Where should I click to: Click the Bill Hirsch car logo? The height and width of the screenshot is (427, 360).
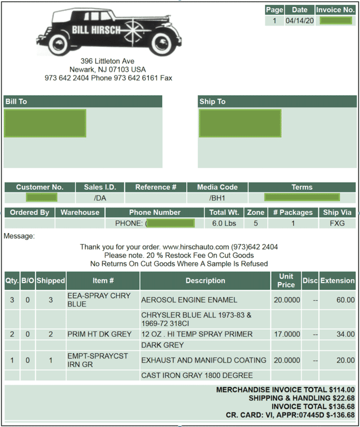tap(109, 31)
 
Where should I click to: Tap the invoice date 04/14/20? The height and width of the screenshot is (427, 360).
tap(299, 21)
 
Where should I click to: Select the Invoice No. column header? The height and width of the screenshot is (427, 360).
tap(335, 10)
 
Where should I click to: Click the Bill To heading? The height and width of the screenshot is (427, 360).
tap(16, 102)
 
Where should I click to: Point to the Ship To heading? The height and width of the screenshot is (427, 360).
tap(212, 102)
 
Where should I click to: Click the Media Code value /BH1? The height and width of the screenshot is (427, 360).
tap(217, 198)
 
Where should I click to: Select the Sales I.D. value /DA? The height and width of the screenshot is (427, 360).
tap(100, 198)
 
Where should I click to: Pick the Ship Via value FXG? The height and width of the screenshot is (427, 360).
tap(337, 223)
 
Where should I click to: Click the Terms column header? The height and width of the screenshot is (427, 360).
tap(302, 187)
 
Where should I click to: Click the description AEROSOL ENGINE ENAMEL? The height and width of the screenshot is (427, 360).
tap(189, 300)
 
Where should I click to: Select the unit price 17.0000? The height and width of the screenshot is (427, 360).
tap(286, 334)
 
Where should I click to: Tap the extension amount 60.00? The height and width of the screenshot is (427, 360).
tap(345, 300)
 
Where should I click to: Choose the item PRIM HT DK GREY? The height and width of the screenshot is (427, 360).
tap(99, 334)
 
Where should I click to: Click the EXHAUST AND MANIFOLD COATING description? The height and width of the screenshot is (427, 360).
tap(203, 360)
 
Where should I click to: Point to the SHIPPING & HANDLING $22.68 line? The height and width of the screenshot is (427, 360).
tap(301, 398)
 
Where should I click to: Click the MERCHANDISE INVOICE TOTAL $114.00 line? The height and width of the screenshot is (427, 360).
tap(285, 390)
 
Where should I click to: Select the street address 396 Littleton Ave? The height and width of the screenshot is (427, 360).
tap(107, 61)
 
